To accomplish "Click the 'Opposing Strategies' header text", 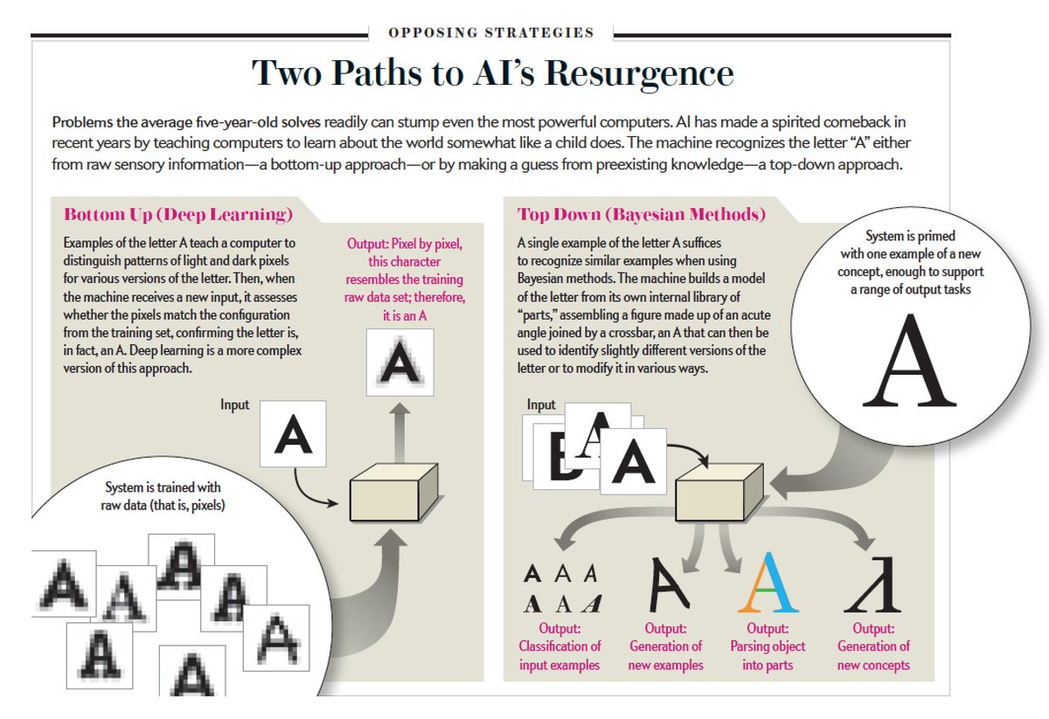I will coord(491,33).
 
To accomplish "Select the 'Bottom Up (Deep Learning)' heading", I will coord(178,215).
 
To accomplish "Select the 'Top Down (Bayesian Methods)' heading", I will coord(642,215).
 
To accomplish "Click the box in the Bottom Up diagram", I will coord(393,497).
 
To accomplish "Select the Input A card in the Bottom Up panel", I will coord(293,434).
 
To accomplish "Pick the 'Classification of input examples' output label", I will coord(560,646).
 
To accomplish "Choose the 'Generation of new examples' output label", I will coord(665,646).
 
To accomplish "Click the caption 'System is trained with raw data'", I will coord(163,495).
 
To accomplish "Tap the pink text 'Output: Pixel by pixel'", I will coord(405,245).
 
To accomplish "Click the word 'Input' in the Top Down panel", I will coord(542,404).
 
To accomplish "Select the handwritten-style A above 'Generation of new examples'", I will coord(668,584).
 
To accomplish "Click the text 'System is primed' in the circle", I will coord(910,236).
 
